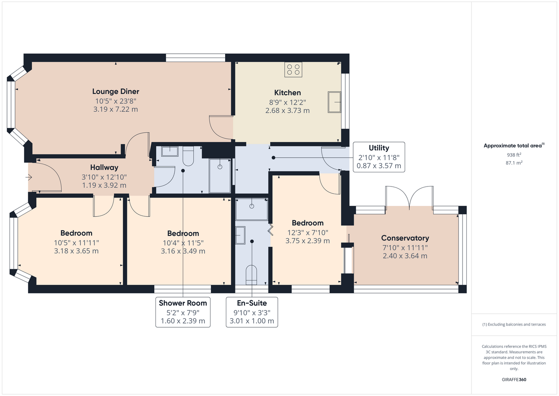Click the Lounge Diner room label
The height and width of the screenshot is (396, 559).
[116, 91]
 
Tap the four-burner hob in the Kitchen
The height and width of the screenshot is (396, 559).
[293, 69]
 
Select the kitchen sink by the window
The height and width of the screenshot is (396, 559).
[334, 102]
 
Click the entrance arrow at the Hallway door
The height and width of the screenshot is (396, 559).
[29, 177]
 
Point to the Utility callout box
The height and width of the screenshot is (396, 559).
[379, 157]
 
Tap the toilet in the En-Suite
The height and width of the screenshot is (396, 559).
[251, 275]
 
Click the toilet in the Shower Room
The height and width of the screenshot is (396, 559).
[188, 156]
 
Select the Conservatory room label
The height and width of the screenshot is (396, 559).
[405, 238]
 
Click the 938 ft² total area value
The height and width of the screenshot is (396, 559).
[514, 155]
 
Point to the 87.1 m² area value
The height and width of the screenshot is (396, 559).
[514, 163]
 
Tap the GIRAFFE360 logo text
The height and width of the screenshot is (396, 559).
[514, 379]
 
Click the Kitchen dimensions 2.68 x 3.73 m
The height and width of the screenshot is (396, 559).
[288, 110]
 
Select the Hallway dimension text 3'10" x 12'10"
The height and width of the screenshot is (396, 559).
[104, 177]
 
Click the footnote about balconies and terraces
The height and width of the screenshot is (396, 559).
[514, 324]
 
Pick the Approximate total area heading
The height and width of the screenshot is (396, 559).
[514, 145]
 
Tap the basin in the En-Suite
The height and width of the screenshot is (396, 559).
[240, 235]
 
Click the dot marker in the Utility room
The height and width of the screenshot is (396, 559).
[273, 158]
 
